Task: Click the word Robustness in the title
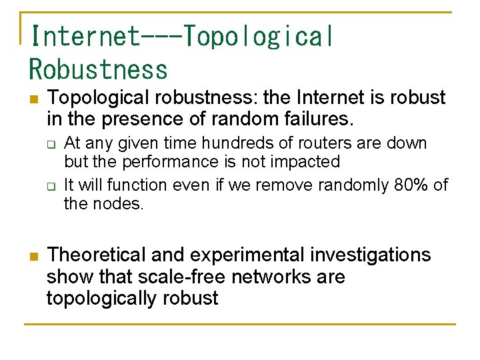(x=99, y=69)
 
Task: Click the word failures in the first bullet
(x=317, y=119)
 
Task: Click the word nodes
(x=120, y=203)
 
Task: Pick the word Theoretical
(x=97, y=255)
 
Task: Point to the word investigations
(x=374, y=255)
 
